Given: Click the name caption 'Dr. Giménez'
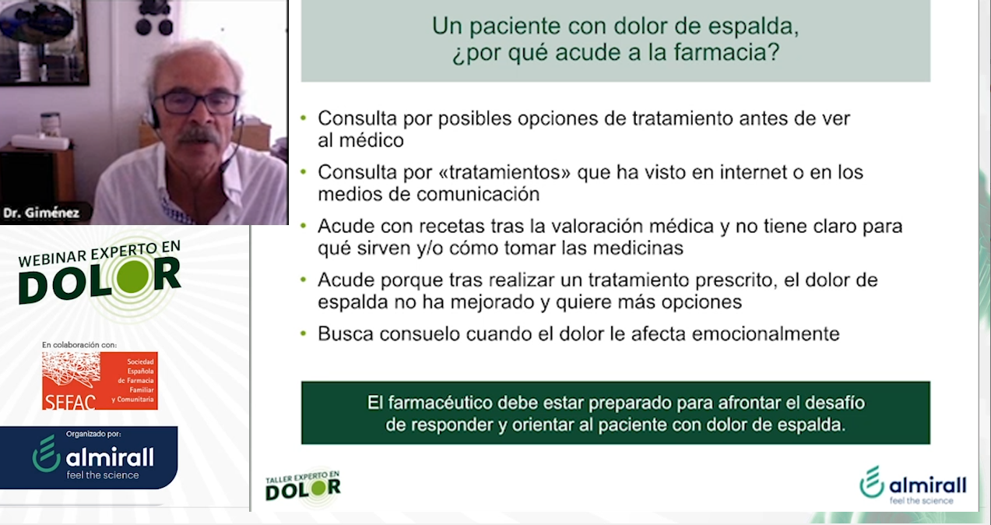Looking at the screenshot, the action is [x=41, y=213].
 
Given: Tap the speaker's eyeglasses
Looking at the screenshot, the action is [x=197, y=103].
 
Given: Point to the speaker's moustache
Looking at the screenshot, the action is [x=199, y=136].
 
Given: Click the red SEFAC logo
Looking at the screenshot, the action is [x=100, y=381].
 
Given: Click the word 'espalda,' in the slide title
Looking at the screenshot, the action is [x=754, y=26].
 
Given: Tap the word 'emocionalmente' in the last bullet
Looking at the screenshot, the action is [x=765, y=333].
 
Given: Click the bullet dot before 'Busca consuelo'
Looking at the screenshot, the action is [x=303, y=333].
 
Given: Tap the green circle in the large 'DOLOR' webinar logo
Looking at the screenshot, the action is [x=132, y=277].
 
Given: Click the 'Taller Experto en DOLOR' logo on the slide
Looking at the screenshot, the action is [x=303, y=487].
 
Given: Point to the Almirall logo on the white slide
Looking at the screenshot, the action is [x=913, y=485].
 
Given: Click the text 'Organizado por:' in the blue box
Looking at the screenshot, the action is [x=93, y=434].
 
